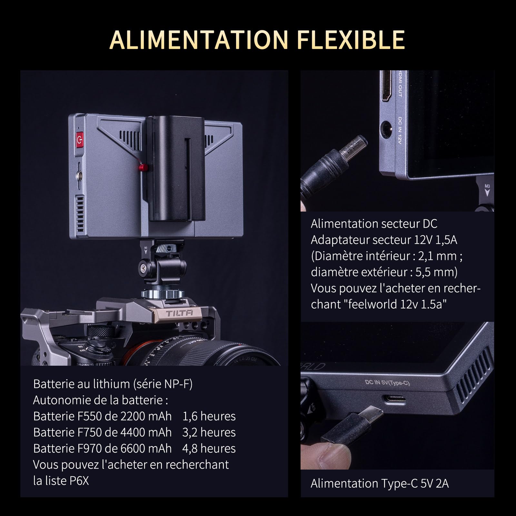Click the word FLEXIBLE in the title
pos(351,39)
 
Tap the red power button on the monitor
pos(79,140)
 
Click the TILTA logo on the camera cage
pos(179,313)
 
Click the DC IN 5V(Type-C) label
pos(387,383)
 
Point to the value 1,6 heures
pos(209,416)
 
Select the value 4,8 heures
pos(209,448)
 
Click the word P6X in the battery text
pos(79,481)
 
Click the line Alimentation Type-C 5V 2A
pos(380,483)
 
